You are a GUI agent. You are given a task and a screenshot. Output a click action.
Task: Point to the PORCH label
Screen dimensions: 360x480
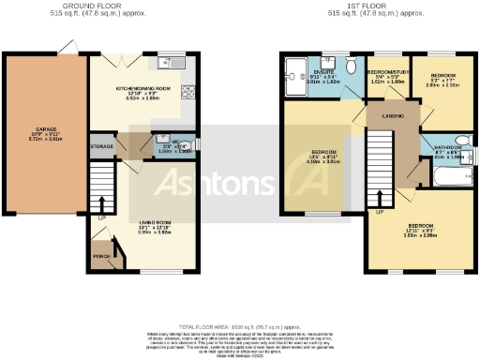pyautogui.click(x=101, y=254)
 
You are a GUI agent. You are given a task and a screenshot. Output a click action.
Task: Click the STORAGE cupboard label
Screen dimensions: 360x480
pyautogui.click(x=101, y=146)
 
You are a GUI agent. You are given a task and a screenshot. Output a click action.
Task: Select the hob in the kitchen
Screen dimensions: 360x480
pyautogui.click(x=187, y=91)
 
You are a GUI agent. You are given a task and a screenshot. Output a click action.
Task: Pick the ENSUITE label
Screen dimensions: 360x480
pyautogui.click(x=323, y=70)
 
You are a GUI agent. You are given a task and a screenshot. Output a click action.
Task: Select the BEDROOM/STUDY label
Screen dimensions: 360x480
pyautogui.click(x=386, y=72)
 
